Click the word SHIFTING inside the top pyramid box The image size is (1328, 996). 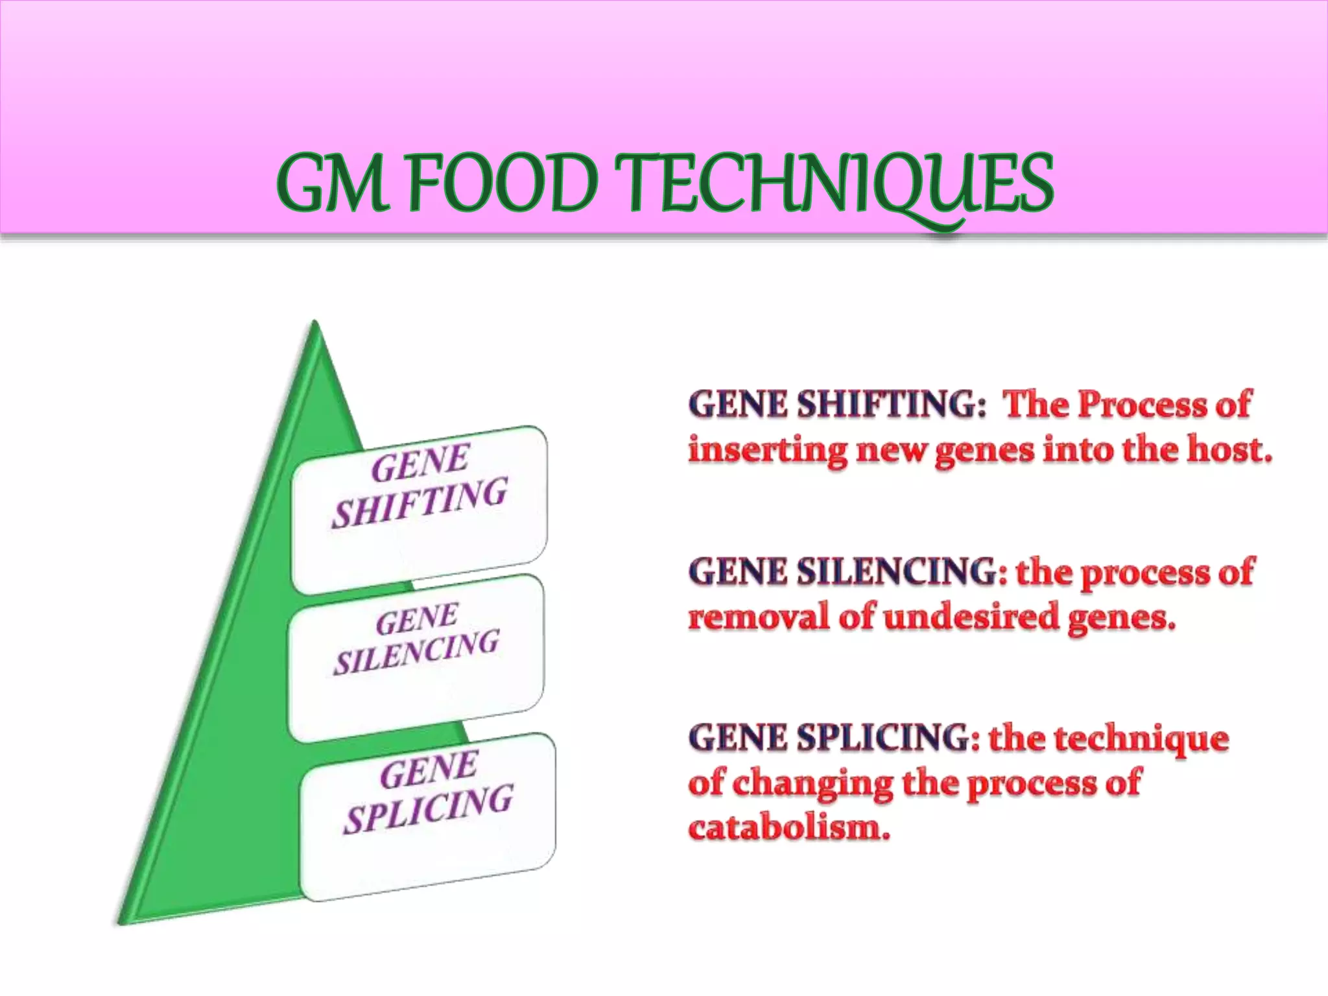click(420, 502)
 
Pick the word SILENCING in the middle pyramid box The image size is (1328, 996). click(416, 652)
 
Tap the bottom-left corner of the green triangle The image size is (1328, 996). click(121, 922)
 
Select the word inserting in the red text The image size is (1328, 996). click(768, 449)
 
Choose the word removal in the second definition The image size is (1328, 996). click(758, 616)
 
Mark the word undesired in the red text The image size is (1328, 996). click(971, 616)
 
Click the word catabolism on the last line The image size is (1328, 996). click(788, 828)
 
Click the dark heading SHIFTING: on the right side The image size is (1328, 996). click(891, 404)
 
